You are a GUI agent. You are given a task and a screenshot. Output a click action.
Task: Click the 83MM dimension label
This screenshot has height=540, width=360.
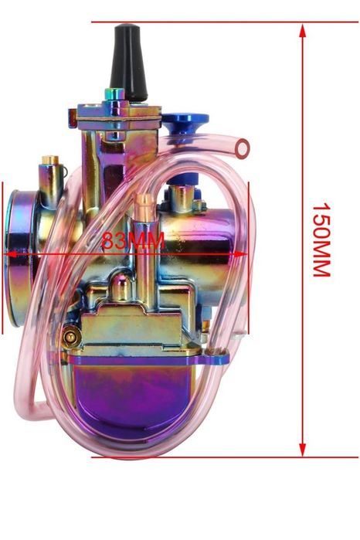pyautogui.click(x=133, y=240)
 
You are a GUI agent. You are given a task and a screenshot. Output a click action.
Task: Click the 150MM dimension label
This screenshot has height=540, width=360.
pyautogui.click(x=321, y=240)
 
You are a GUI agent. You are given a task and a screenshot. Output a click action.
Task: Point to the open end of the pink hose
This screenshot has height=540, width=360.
pyautogui.click(x=243, y=149)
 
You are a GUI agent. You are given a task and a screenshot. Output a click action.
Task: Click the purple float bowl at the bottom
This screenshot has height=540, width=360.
pyautogui.click(x=134, y=396)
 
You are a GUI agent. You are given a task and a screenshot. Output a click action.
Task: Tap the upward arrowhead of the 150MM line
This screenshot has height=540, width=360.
pyautogui.click(x=303, y=31)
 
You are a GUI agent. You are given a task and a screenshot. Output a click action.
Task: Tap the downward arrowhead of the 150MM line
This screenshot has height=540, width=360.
pyautogui.click(x=303, y=450)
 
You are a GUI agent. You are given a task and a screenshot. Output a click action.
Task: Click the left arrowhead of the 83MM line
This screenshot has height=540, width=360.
pyautogui.click(x=10, y=254)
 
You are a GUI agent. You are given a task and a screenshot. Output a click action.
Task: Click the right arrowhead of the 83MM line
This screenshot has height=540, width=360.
pyautogui.click(x=241, y=254)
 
